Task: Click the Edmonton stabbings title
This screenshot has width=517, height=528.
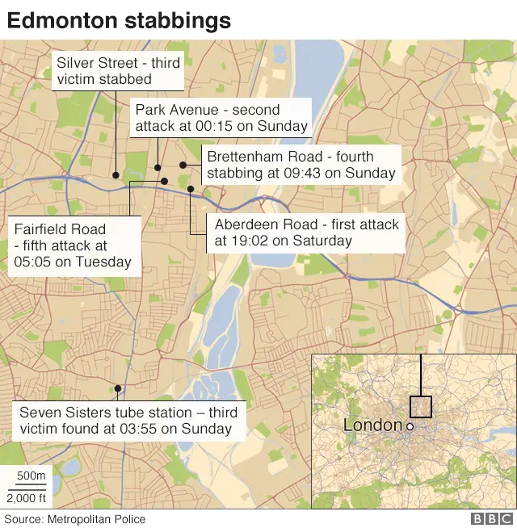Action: pyautogui.click(x=119, y=20)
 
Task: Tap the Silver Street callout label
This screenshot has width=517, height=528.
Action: pyautogui.click(x=118, y=71)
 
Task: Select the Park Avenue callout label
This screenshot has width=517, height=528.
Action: pyautogui.click(x=221, y=118)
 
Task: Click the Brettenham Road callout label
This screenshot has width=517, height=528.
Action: pyautogui.click(x=301, y=164)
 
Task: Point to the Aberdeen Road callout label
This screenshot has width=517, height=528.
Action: pyautogui.click(x=306, y=233)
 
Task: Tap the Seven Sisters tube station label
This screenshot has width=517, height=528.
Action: pyautogui.click(x=128, y=421)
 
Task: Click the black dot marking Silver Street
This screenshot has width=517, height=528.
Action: pyautogui.click(x=116, y=174)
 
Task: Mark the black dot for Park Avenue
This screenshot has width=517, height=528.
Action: pyautogui.click(x=158, y=168)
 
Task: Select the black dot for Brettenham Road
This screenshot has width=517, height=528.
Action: pyautogui.click(x=183, y=165)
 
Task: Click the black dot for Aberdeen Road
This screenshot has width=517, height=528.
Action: pyautogui.click(x=191, y=189)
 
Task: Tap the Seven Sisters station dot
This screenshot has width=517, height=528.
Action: pyautogui.click(x=118, y=388)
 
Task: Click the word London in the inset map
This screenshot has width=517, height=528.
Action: pyautogui.click(x=372, y=425)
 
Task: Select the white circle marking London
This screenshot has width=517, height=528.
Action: pyautogui.click(x=410, y=426)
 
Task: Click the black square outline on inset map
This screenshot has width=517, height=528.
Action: pyautogui.click(x=421, y=406)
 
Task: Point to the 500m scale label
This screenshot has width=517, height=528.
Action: pyautogui.click(x=32, y=476)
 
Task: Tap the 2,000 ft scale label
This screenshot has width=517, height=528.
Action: pyautogui.click(x=27, y=497)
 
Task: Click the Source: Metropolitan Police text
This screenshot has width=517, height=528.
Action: pyautogui.click(x=76, y=519)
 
